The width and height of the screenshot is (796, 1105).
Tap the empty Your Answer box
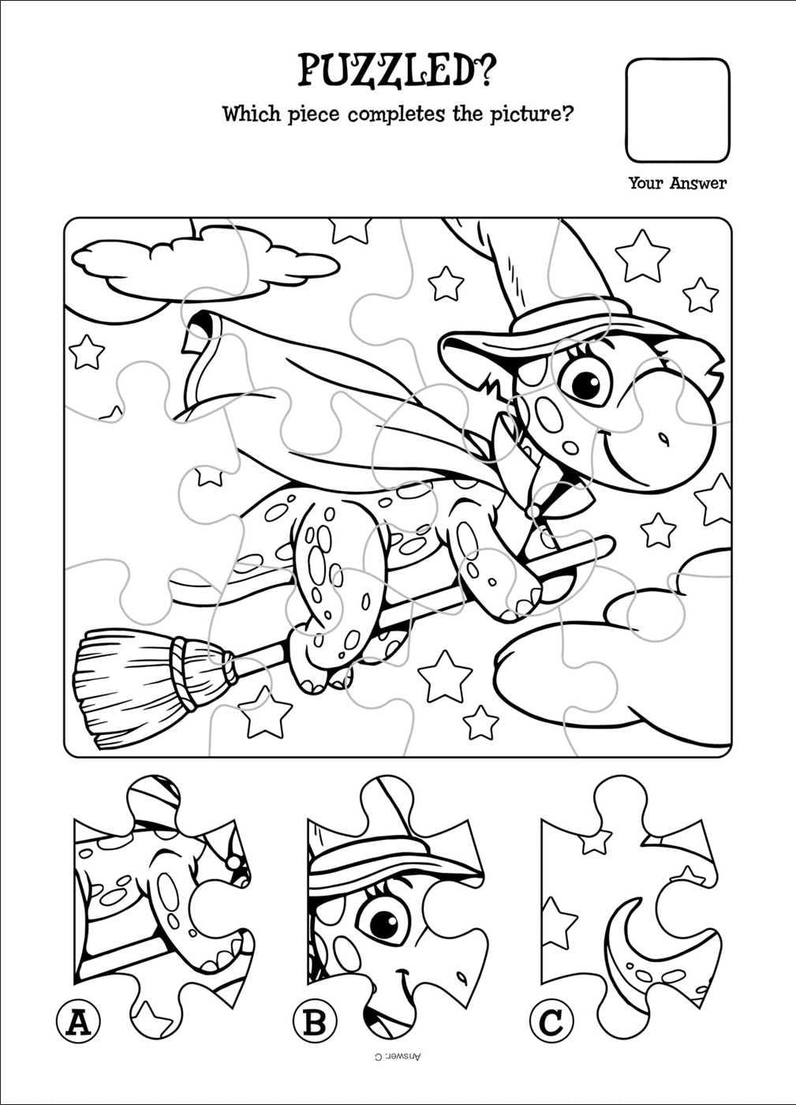(678, 110)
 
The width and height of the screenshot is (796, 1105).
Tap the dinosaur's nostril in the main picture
(664, 436)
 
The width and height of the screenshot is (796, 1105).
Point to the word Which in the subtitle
(252, 114)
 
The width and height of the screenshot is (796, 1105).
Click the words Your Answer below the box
(678, 183)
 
